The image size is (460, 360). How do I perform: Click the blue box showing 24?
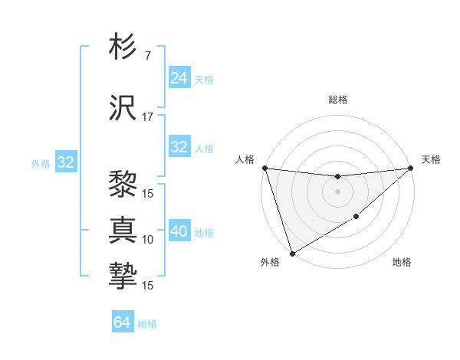[179, 78]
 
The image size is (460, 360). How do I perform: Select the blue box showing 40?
[179, 231]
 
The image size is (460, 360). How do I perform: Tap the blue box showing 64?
[123, 322]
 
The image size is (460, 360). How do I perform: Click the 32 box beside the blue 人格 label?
[179, 147]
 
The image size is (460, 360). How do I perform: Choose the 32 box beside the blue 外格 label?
[65, 162]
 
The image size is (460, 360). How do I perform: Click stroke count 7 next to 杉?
[147, 56]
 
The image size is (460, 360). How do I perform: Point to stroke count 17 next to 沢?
[148, 117]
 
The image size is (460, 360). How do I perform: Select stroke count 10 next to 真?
[148, 240]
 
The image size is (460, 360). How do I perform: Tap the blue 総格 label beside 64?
[147, 324]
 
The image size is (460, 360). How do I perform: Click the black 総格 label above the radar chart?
[337, 100]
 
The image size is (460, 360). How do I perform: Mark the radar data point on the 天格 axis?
[411, 168]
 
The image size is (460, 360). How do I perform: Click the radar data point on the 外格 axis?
[291, 254]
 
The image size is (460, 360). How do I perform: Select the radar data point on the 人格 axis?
[264, 168]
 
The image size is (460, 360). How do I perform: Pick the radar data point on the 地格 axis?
[356, 218]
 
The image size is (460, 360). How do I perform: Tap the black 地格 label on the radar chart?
[402, 263]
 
